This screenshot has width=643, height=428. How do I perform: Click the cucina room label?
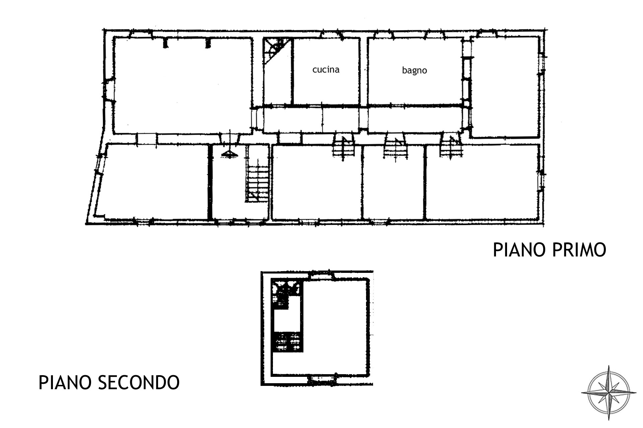pyautogui.click(x=326, y=70)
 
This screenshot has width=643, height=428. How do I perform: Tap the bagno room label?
pyautogui.click(x=415, y=70)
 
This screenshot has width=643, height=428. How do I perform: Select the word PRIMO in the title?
pyautogui.click(x=578, y=250)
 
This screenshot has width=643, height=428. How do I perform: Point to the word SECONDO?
pyautogui.click(x=138, y=383)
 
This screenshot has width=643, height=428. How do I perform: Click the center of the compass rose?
pyautogui.click(x=609, y=393)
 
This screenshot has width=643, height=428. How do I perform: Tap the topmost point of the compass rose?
pyautogui.click(x=609, y=365)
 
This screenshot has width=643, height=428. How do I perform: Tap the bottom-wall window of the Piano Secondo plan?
pyautogui.click(x=321, y=379)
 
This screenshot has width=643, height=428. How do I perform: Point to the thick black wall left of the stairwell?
pyautogui.click(x=210, y=182)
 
